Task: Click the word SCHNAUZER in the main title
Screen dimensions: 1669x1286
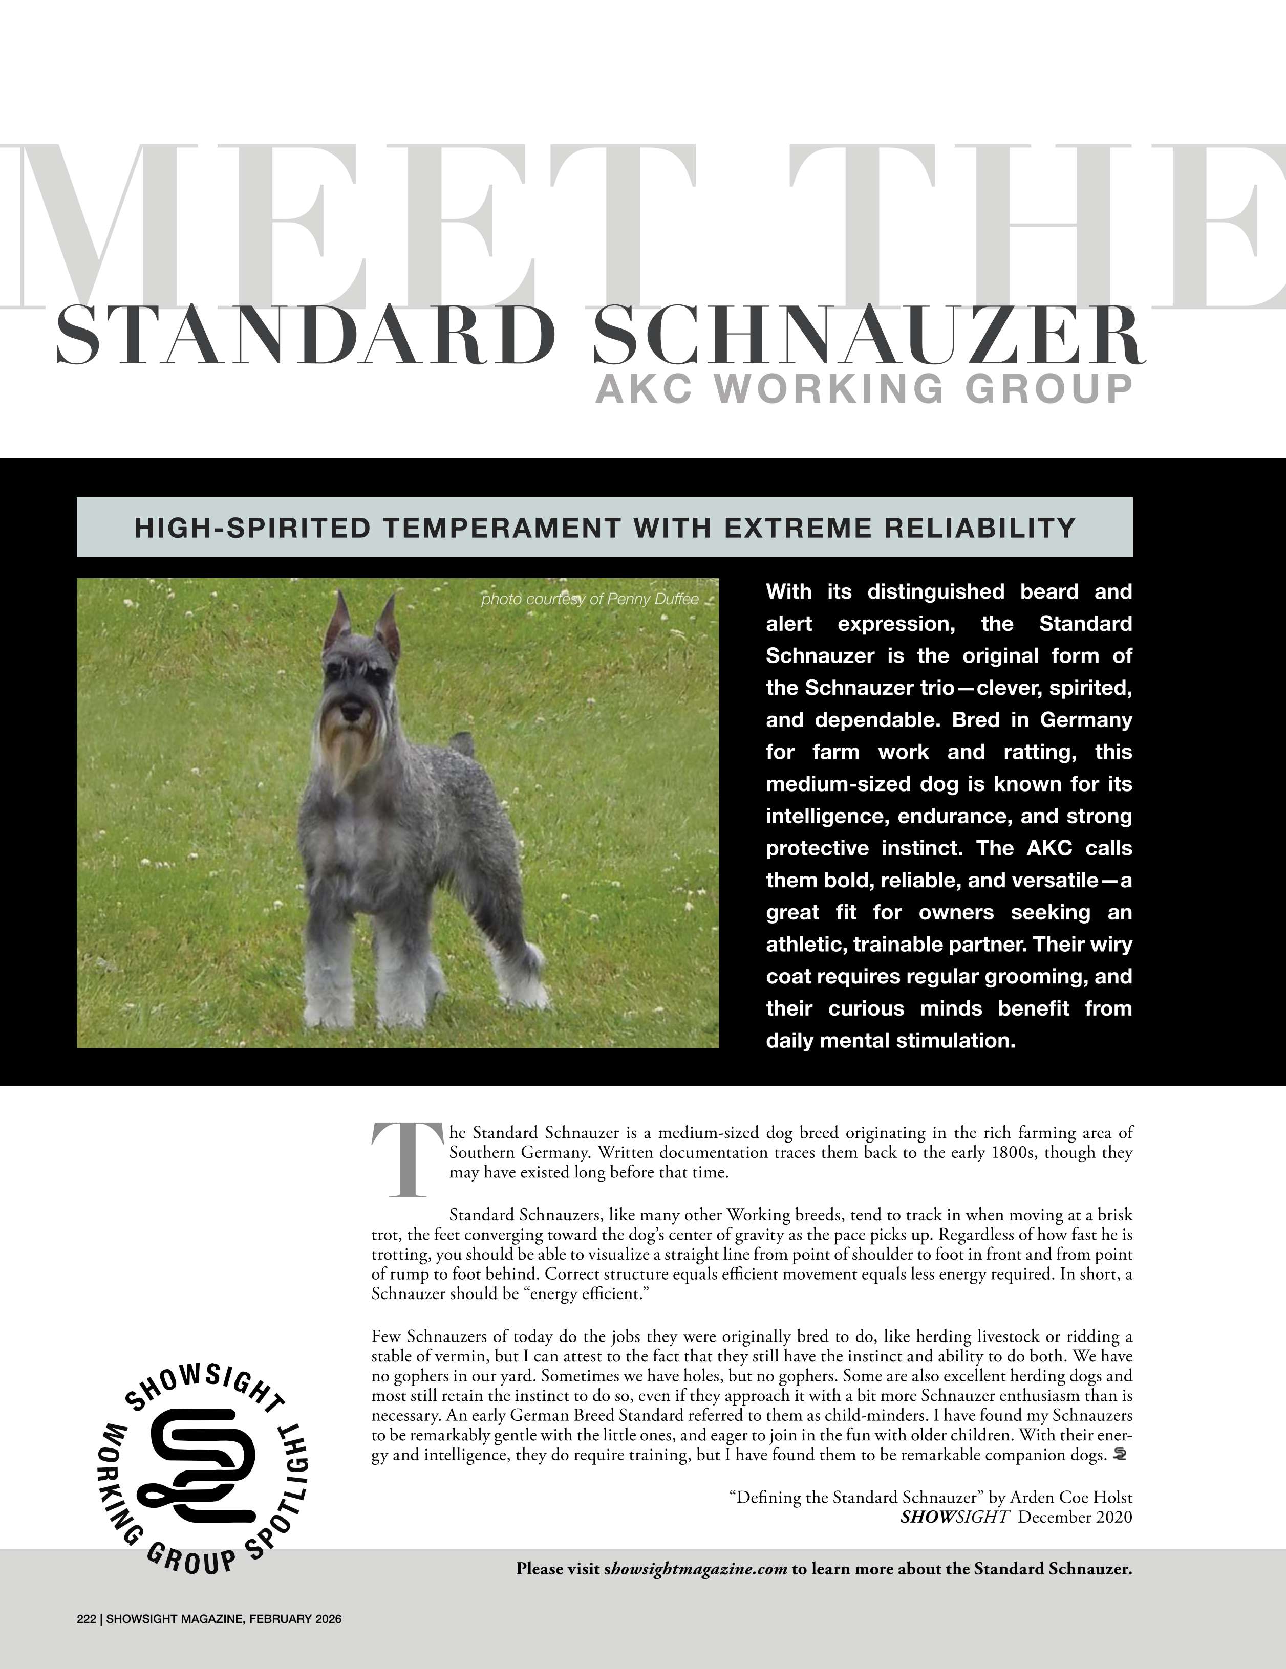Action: (869, 336)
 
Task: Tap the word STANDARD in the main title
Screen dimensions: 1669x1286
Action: (306, 336)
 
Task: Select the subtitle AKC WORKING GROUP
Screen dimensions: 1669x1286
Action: (864, 389)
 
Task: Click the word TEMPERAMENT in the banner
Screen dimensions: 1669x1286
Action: (502, 528)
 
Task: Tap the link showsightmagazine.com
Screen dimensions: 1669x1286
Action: (696, 1569)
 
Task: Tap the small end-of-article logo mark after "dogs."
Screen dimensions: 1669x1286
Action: (1122, 1454)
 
